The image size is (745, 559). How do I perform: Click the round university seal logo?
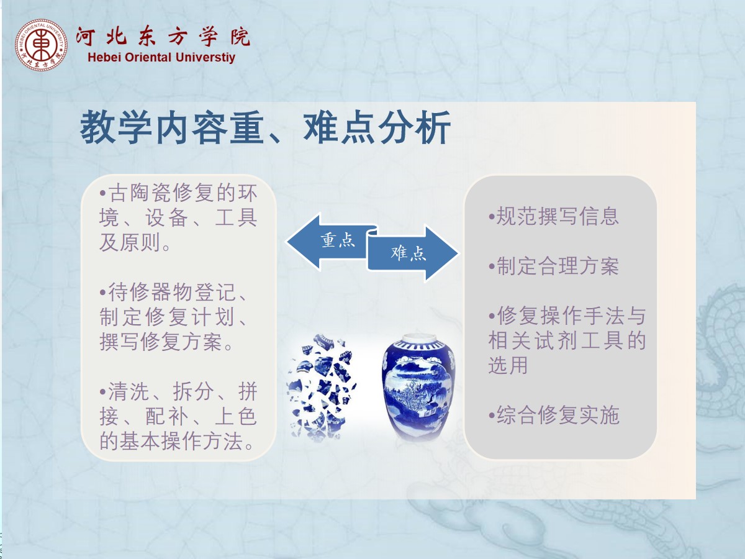[41, 45]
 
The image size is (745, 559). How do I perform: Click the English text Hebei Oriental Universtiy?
[161, 57]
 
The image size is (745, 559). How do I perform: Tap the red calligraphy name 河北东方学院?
[163, 36]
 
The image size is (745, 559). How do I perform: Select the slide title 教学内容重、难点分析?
[265, 127]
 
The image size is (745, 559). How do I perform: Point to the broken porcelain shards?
[321, 387]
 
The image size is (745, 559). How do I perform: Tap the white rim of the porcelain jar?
[419, 339]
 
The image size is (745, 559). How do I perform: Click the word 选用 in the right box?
[508, 365]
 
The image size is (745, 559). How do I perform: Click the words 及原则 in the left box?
[129, 242]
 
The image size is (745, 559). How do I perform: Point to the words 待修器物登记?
[172, 292]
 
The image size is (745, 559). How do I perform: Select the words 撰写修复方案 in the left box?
[161, 342]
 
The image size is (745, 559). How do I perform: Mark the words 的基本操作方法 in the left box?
[171, 441]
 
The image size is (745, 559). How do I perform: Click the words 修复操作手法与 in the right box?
[571, 316]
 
